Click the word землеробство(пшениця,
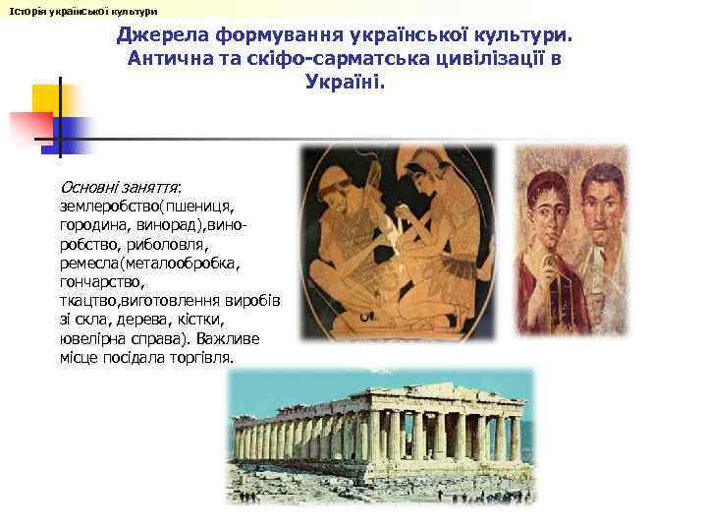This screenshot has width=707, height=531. (x=146, y=206)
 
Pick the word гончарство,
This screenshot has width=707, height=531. (x=102, y=281)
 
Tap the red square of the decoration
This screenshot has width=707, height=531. (x=30, y=127)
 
